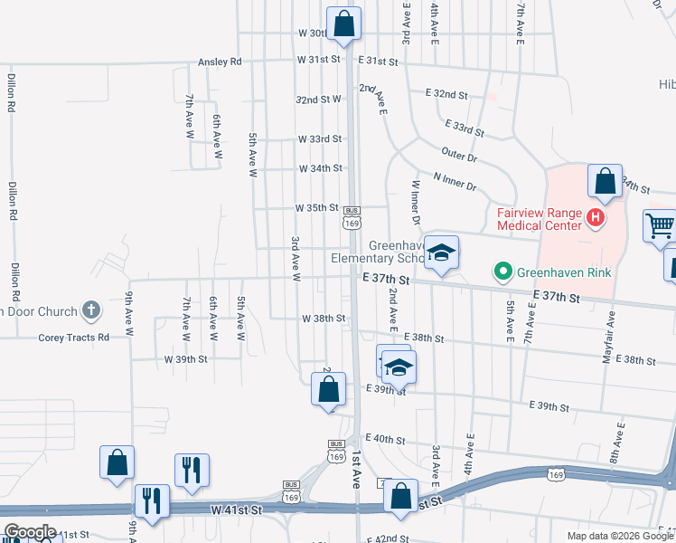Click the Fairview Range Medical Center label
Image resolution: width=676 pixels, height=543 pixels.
click(x=539, y=218)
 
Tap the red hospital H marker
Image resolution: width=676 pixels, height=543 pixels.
click(x=595, y=218)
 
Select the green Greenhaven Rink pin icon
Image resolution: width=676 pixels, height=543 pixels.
click(x=503, y=271)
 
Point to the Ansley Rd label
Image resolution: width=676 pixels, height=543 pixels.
click(x=221, y=62)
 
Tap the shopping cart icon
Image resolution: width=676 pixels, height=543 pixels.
click(x=660, y=224)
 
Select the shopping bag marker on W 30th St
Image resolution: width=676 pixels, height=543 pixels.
click(x=343, y=24)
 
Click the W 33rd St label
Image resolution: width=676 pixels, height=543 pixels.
click(x=320, y=139)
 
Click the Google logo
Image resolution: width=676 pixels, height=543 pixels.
click(x=30, y=532)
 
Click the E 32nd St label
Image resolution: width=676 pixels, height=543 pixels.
click(x=446, y=94)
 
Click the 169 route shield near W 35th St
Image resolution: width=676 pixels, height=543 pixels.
click(x=352, y=222)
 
